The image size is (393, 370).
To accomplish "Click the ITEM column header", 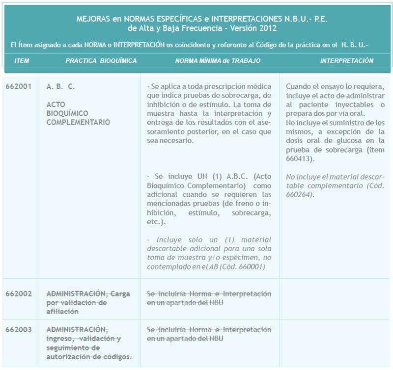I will [22, 61].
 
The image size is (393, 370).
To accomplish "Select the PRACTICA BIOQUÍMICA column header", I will [101, 61].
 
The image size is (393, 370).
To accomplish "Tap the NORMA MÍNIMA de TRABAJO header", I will [218, 61].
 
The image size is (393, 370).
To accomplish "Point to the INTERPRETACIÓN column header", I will [347, 61].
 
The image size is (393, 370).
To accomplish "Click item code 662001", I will [19, 86].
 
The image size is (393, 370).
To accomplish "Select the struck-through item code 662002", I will [19, 293].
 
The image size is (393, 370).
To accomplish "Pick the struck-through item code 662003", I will [19, 329].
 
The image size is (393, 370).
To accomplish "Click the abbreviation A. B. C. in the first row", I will [61, 86].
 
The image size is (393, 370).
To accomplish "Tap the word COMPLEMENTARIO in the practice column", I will [78, 122].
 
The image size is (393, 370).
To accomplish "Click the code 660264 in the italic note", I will [300, 194].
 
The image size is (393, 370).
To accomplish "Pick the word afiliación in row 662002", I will [62, 312].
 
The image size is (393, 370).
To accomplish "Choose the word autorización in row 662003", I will [68, 357].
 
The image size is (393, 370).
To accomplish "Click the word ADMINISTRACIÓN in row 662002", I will [76, 293].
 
